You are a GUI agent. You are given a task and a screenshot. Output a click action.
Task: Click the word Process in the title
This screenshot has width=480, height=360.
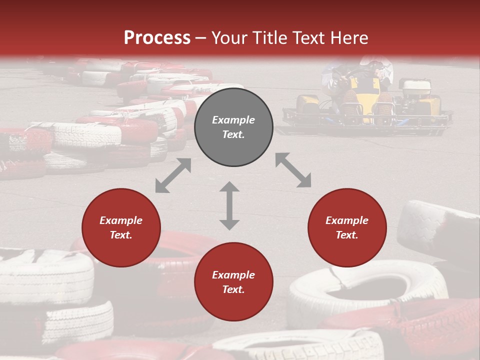pyautogui.click(x=157, y=37)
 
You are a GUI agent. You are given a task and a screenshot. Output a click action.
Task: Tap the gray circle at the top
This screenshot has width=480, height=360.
pyautogui.click(x=233, y=127)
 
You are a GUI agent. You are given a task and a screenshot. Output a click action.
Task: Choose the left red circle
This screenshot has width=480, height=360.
pyautogui.click(x=121, y=227)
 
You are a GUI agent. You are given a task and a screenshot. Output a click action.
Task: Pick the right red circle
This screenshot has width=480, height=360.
pyautogui.click(x=347, y=227)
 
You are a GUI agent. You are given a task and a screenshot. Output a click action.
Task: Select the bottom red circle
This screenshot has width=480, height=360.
pyautogui.click(x=233, y=282)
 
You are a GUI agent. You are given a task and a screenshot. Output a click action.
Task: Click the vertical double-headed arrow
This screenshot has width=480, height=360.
pyautogui.click(x=229, y=205)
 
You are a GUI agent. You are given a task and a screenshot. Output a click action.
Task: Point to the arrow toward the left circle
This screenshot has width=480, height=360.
pyautogui.click(x=173, y=175)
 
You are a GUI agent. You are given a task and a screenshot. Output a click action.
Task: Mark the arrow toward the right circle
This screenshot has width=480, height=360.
pyautogui.click(x=293, y=170)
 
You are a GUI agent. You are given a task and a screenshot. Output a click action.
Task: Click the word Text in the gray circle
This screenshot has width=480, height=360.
pyautogui.click(x=233, y=134)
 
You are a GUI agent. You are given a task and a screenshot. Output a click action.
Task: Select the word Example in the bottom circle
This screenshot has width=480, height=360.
pyautogui.click(x=233, y=275)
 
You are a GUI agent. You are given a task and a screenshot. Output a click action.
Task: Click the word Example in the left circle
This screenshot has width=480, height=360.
pyautogui.click(x=121, y=220)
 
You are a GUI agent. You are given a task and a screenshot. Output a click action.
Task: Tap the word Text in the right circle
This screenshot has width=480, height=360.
pyautogui.click(x=347, y=235)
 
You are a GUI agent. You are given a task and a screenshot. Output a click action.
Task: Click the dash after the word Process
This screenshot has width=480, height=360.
pyautogui.click(x=200, y=37)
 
